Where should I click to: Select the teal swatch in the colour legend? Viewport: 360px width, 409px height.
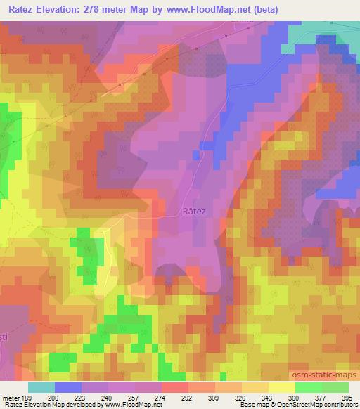[x=41, y=387]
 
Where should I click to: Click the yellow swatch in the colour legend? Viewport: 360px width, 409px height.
[x=282, y=387]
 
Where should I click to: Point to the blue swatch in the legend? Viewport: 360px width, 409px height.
[x=68, y=387]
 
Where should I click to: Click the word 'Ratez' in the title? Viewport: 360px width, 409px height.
[x=22, y=10]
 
